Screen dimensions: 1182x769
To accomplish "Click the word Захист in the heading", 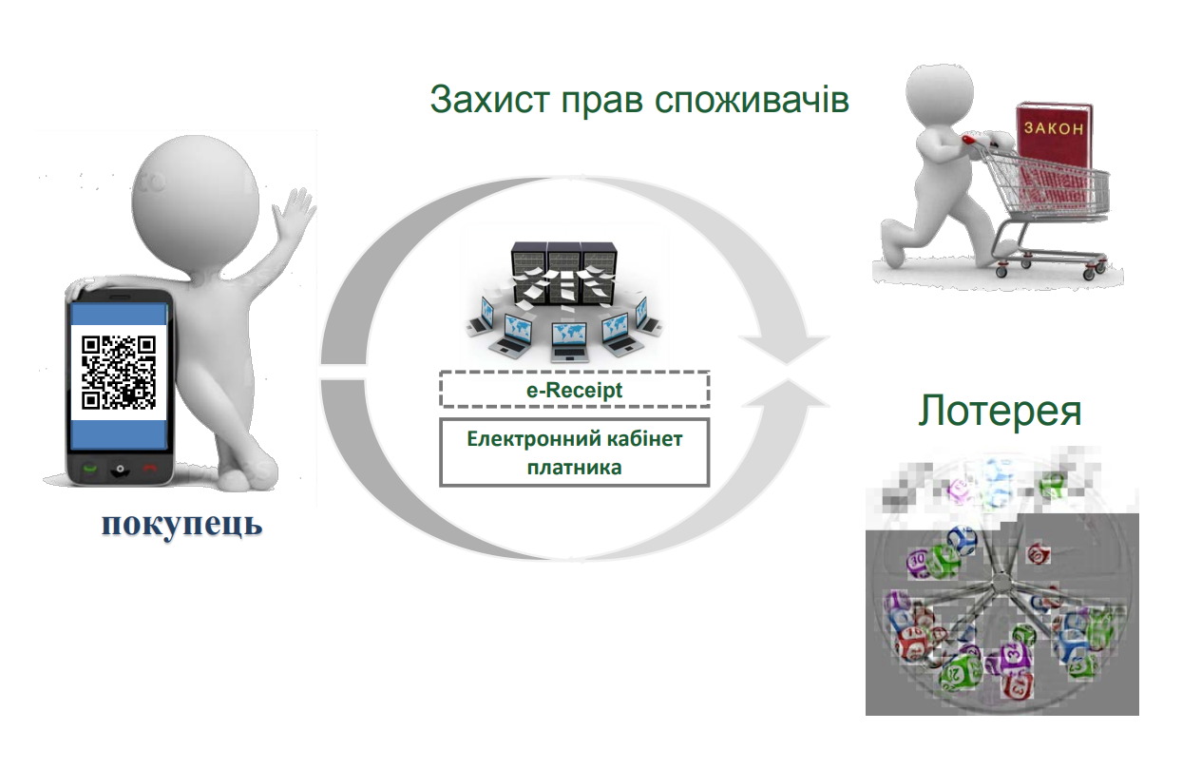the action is [x=490, y=99].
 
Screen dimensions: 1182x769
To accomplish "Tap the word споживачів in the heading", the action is [x=752, y=100].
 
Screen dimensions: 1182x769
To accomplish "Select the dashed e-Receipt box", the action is [x=574, y=390].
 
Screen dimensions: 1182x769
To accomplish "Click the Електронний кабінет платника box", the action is [x=574, y=452].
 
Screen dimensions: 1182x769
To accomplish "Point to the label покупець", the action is [x=182, y=524].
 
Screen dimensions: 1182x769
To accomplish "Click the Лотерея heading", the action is [x=1000, y=410].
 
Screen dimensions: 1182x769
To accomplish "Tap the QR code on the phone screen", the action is [x=119, y=373].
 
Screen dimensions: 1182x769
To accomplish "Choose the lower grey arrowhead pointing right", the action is [x=785, y=401].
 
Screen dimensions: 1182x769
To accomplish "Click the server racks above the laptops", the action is [x=563, y=272].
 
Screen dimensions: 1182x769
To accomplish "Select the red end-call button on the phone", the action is [x=150, y=467].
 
